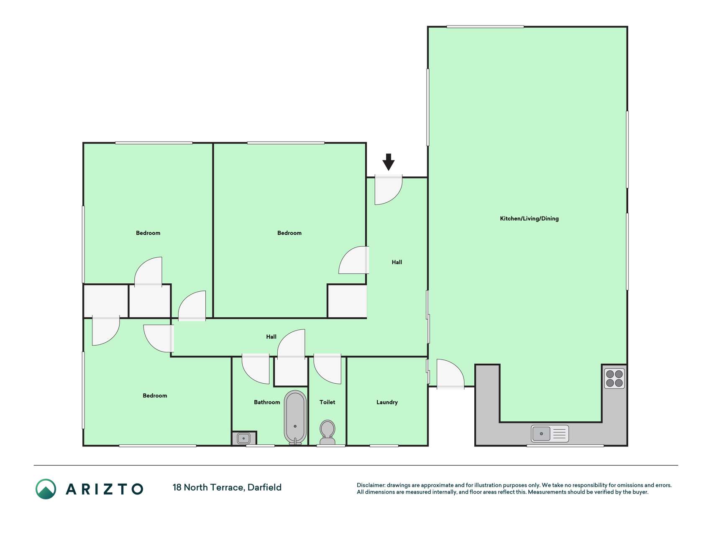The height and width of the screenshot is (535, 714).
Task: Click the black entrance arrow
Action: (x=388, y=162)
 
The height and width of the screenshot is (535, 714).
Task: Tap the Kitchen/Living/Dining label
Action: (x=529, y=219)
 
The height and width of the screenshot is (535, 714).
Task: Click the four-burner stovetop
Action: (x=614, y=378)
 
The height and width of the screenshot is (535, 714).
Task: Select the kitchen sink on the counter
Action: (x=550, y=433)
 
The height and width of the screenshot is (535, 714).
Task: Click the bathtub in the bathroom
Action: (x=295, y=418)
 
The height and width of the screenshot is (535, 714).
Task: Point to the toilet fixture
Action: (x=328, y=433)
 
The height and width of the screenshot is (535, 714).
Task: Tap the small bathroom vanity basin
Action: (x=244, y=438)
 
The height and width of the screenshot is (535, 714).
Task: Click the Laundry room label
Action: (x=387, y=402)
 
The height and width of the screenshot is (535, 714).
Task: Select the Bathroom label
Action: (x=267, y=402)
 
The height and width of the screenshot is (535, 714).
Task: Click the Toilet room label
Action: (x=327, y=402)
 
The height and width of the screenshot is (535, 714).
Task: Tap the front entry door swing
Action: (x=388, y=190)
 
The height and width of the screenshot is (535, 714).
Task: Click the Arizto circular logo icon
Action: (x=46, y=489)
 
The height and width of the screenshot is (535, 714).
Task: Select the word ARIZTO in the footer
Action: (x=105, y=489)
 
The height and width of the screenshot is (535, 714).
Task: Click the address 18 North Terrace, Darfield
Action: (x=227, y=487)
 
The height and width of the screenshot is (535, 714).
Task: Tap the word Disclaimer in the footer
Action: (x=371, y=485)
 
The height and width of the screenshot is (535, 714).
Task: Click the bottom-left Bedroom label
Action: (x=155, y=395)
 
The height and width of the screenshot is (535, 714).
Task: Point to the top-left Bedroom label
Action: (x=148, y=233)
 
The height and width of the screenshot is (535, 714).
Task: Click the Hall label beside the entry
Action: (x=397, y=262)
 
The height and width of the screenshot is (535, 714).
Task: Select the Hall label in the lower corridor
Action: (x=271, y=336)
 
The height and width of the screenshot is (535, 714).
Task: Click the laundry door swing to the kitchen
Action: (x=450, y=374)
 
